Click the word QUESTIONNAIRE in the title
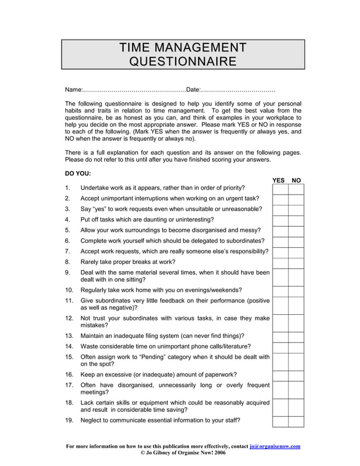182,60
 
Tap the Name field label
73,90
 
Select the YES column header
279,181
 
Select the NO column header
296,181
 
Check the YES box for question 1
280,188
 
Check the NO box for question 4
296,219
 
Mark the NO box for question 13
296,336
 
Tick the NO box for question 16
296,375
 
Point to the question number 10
69,290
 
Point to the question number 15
69,357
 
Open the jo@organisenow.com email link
275,446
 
